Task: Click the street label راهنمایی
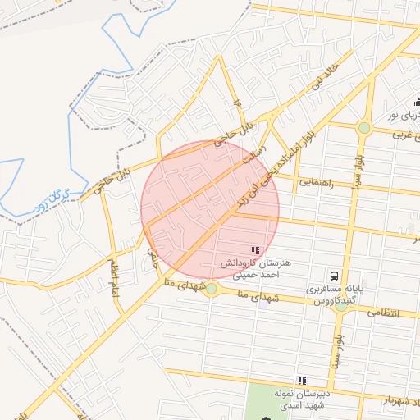pos(316,182)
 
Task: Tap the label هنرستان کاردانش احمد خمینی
pos(255,270)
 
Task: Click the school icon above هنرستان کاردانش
pos(254,249)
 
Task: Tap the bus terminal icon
pos(335,276)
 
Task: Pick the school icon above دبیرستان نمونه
pos(303,381)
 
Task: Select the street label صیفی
pos(153,258)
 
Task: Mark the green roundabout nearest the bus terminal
pos(340,307)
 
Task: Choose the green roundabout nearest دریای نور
pos(363,127)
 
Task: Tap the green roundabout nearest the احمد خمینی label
pos(212,288)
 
